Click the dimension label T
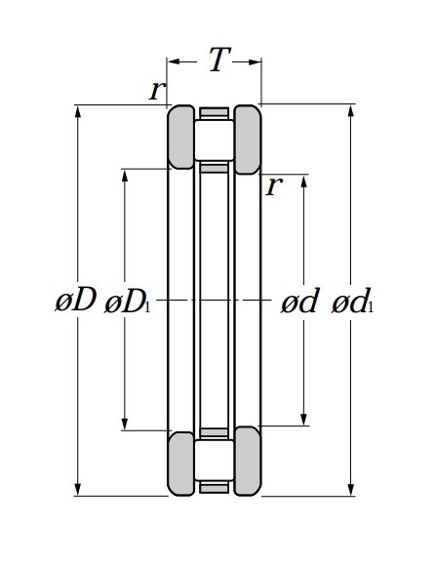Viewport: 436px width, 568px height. pyautogui.click(x=219, y=60)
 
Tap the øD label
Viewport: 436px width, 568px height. pyautogui.click(x=76, y=300)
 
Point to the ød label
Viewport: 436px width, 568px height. pyautogui.click(x=299, y=301)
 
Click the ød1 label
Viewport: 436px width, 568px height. pyautogui.click(x=352, y=301)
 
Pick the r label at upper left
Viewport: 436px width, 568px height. pyautogui.click(x=157, y=90)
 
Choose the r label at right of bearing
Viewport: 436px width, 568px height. pyautogui.click(x=274, y=186)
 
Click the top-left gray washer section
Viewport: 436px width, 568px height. pyautogui.click(x=180, y=137)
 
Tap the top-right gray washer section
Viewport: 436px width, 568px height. pyautogui.click(x=248, y=140)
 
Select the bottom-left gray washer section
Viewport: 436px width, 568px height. pyautogui.click(x=180, y=464)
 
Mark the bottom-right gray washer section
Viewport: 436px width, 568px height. pyautogui.click(x=248, y=461)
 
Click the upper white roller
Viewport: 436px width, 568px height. pyautogui.click(x=215, y=141)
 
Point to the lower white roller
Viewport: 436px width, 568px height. pyautogui.click(x=215, y=461)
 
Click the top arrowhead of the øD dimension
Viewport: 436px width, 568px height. pyautogui.click(x=77, y=111)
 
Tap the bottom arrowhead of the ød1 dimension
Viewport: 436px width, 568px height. pyautogui.click(x=350, y=490)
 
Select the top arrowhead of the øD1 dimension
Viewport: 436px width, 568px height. pyautogui.click(x=125, y=175)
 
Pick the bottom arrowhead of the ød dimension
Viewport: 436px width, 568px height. pyautogui.click(x=303, y=420)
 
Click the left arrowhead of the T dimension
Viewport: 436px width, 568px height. pyautogui.click(x=174, y=61)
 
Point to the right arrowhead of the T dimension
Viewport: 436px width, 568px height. pyautogui.click(x=255, y=61)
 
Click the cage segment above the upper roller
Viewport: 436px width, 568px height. pyautogui.click(x=214, y=112)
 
